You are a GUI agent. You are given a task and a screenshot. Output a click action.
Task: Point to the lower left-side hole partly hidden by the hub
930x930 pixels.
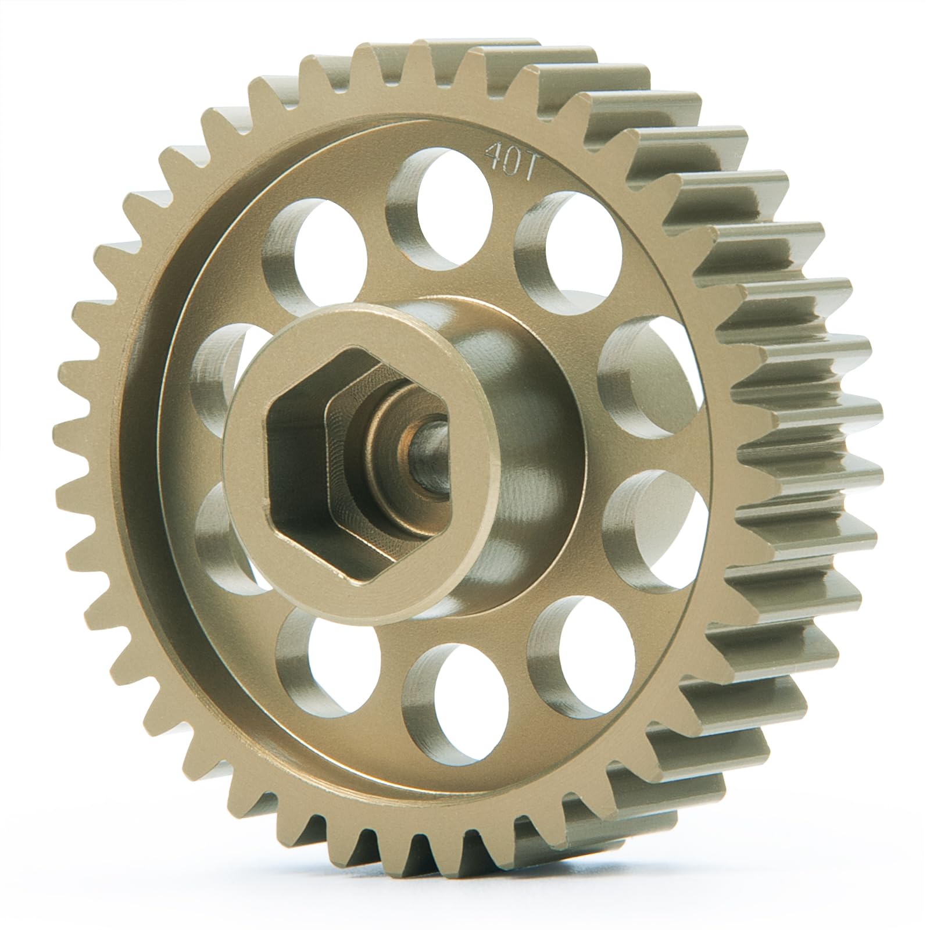[x=224, y=535]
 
